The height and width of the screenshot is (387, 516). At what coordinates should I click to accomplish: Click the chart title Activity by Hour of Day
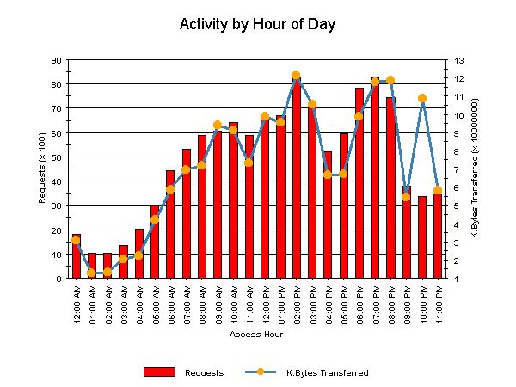tap(257, 23)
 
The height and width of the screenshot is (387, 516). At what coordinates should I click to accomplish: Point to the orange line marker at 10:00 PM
tap(422, 99)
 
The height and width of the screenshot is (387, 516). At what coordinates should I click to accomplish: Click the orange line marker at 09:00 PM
tap(406, 197)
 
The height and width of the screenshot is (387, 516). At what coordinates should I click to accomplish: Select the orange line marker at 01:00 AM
tap(91, 273)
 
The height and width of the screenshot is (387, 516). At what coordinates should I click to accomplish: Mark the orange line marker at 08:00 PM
tap(390, 80)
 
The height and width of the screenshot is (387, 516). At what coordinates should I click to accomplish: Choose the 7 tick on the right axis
tap(458, 169)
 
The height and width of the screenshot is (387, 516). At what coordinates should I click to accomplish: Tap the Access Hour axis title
tap(256, 335)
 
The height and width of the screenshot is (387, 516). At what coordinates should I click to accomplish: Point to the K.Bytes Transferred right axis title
tap(475, 169)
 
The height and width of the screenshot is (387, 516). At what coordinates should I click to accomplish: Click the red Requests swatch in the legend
tap(158, 372)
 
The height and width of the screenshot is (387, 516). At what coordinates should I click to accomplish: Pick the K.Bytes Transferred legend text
tap(327, 372)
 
